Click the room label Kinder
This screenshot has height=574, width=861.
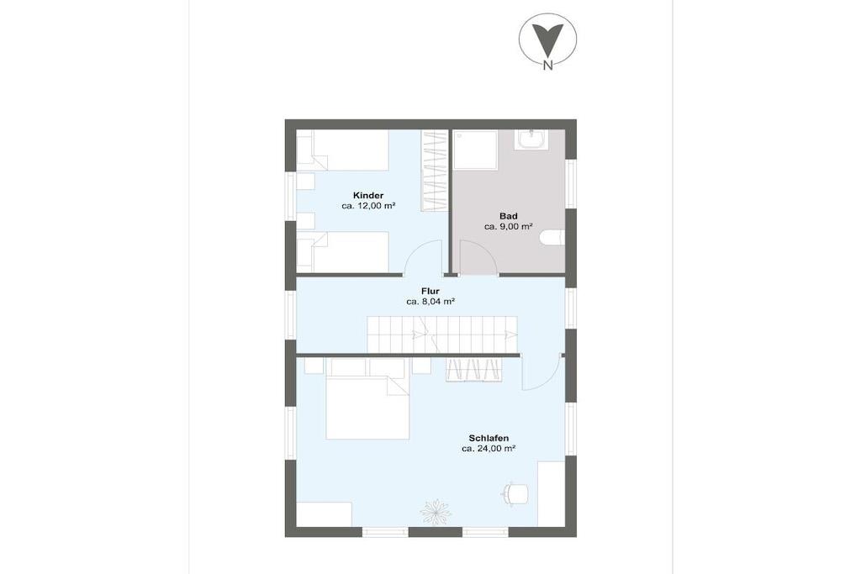point(368,195)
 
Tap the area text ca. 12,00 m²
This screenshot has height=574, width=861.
point(368,207)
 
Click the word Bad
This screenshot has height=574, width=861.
point(509,216)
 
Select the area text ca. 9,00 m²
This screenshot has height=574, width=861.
point(509,227)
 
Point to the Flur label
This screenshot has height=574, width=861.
point(430,292)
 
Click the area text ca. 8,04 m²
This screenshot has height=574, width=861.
point(430,302)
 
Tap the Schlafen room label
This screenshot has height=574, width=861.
point(489,439)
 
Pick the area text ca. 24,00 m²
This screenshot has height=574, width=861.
point(489,449)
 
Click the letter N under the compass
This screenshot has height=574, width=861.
point(547,66)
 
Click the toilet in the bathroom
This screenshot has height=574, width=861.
point(552,238)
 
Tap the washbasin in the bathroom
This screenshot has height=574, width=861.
point(531,140)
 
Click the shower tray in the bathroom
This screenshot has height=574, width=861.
point(475,150)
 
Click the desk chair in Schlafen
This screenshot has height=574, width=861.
point(515,492)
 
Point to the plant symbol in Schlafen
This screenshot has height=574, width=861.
point(436,511)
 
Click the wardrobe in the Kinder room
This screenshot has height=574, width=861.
point(435,170)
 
